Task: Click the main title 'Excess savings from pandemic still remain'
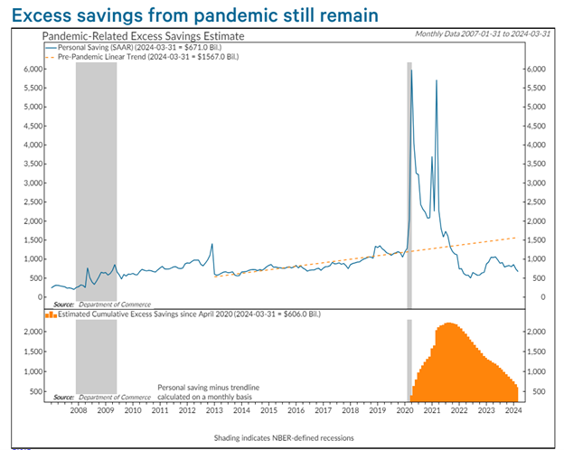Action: click(195, 15)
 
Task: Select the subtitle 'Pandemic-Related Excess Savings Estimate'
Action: click(143, 36)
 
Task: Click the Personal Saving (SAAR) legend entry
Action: click(134, 47)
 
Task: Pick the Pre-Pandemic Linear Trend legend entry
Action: click(142, 56)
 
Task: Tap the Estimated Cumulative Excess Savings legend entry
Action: click(183, 314)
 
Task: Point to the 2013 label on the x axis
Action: click(214, 410)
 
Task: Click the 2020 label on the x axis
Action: click(405, 410)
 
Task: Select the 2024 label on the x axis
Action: click(513, 410)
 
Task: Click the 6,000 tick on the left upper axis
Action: click(33, 69)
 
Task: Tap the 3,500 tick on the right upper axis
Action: click(536, 164)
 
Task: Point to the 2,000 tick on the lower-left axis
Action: click(33, 332)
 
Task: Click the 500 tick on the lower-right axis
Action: click(539, 391)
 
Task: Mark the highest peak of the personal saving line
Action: click(411, 70)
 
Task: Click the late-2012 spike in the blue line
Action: click(211, 244)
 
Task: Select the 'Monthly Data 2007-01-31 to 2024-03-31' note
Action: click(483, 33)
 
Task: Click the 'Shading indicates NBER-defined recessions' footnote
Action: click(284, 437)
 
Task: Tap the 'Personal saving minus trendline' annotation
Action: click(208, 388)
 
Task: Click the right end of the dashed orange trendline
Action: click(516, 238)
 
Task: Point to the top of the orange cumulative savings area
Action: click(448, 323)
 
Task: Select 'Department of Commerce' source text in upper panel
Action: click(115, 305)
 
